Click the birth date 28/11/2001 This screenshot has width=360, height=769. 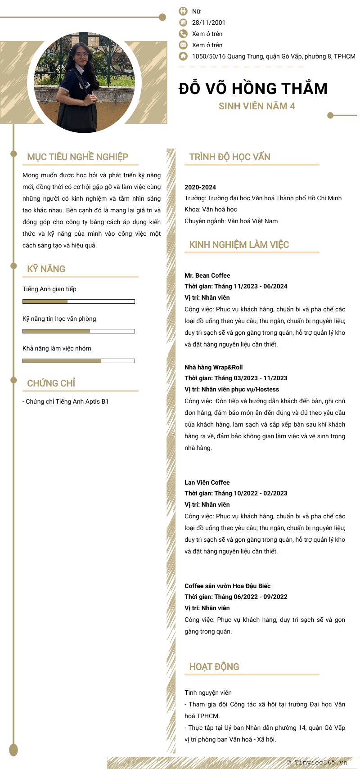(x=208, y=22)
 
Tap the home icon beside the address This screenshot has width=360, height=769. (x=183, y=56)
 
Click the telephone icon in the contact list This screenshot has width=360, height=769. (x=183, y=34)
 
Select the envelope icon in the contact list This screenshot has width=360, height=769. (x=183, y=45)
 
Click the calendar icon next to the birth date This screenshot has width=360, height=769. (x=183, y=22)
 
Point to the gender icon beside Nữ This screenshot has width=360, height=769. (x=183, y=11)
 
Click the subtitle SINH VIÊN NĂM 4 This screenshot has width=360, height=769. (x=256, y=106)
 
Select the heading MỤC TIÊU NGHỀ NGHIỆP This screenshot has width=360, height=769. (x=77, y=157)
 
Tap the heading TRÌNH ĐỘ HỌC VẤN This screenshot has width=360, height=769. (x=229, y=157)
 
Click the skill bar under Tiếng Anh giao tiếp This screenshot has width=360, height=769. (x=79, y=301)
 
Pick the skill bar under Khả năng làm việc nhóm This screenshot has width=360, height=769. (x=79, y=361)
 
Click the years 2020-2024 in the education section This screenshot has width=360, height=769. (x=200, y=187)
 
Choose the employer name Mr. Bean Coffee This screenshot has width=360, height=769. (x=207, y=275)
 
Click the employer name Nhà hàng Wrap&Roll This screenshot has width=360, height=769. (x=213, y=367)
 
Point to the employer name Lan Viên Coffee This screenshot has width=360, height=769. (x=207, y=482)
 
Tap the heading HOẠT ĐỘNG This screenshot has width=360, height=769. (x=214, y=667)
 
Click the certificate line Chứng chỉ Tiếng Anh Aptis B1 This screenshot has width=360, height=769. (x=67, y=401)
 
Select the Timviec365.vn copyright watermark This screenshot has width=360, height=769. (x=317, y=762)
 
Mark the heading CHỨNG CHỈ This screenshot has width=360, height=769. (x=51, y=383)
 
